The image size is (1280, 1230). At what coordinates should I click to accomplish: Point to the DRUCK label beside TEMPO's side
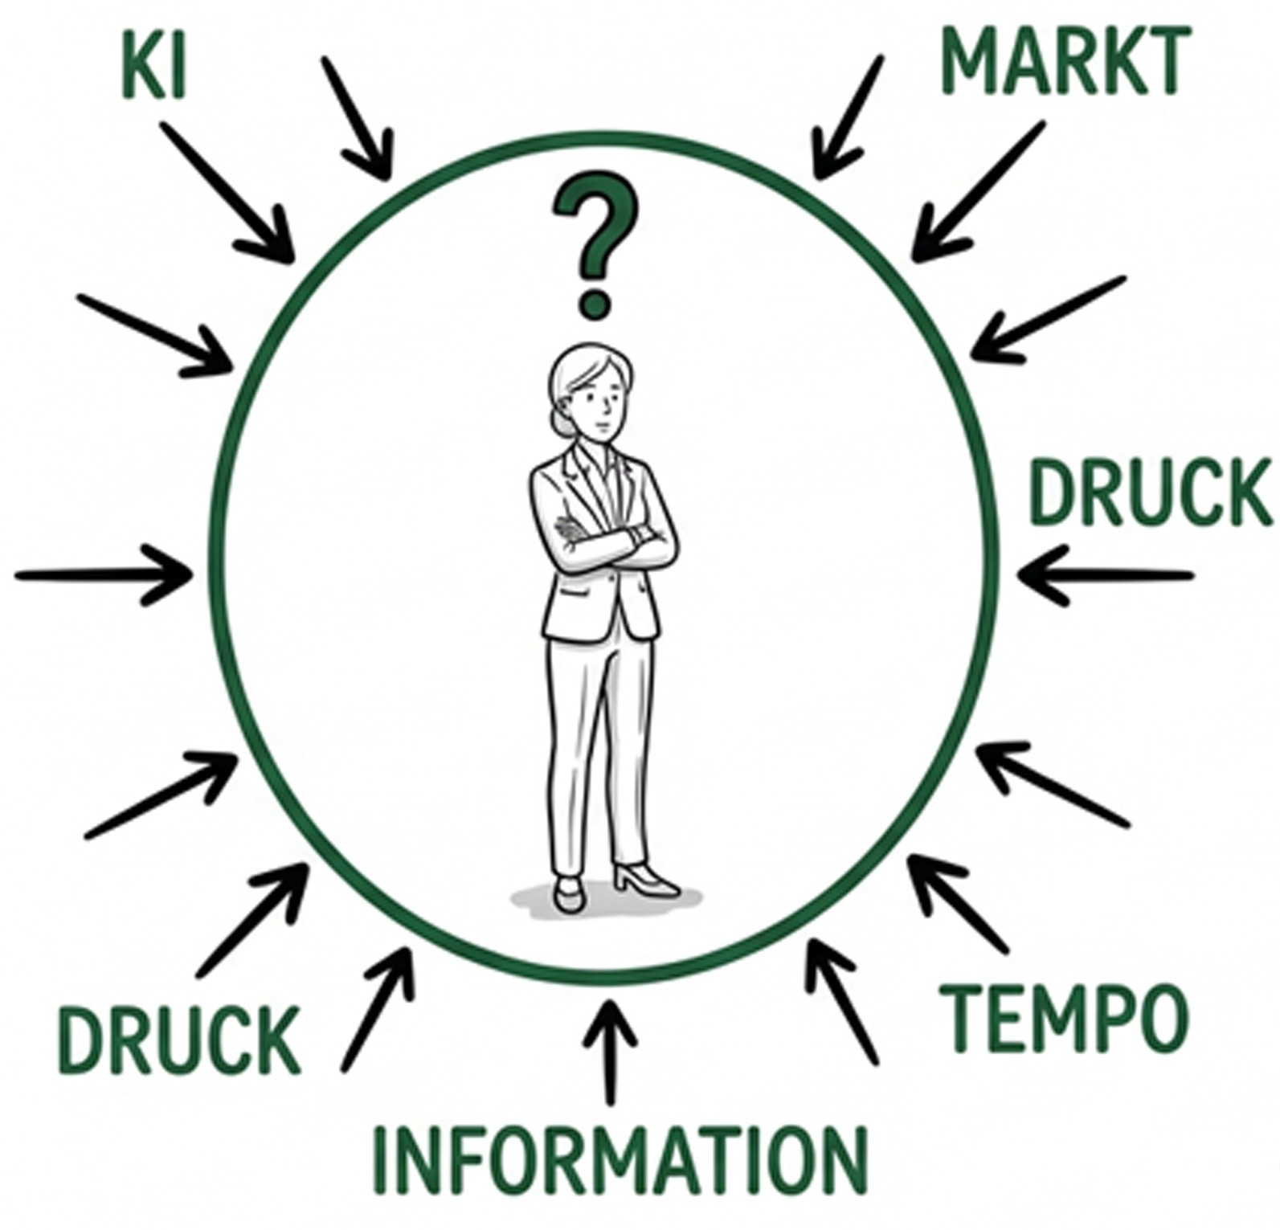[x=1150, y=492]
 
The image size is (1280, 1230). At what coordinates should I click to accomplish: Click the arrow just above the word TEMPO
[x=956, y=903]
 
